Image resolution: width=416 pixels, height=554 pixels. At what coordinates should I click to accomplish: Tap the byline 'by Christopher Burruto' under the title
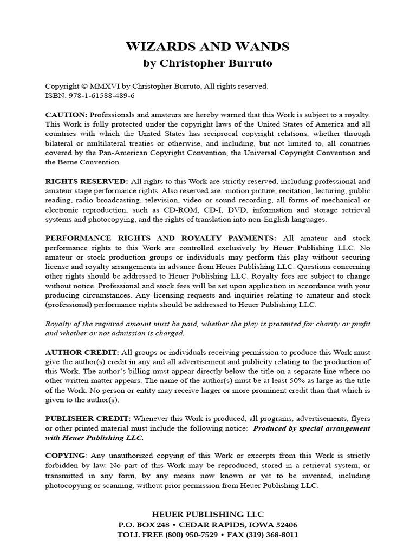(207, 63)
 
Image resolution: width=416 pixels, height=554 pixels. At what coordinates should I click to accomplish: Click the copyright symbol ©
(83, 86)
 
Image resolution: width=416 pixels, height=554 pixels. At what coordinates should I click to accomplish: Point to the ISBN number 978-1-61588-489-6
(100, 95)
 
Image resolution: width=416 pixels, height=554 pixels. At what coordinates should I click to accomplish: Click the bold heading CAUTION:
(66, 115)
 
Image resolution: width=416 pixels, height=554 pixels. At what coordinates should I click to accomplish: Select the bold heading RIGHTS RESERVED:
(87, 181)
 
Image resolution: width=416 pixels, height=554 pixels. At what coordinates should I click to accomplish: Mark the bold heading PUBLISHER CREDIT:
(88, 418)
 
